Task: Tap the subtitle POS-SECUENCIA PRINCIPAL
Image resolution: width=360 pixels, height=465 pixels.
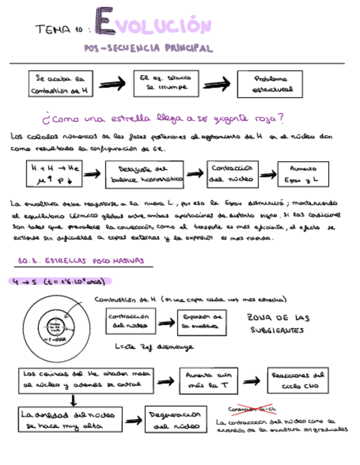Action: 148,48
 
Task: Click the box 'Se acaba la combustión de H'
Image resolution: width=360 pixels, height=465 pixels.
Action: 60,84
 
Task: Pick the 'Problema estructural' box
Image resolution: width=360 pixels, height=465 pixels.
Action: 269,84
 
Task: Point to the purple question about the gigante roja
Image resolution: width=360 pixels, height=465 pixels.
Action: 162,118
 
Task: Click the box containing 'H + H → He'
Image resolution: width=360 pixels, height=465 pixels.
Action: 53,173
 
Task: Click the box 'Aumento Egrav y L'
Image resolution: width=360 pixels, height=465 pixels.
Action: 299,174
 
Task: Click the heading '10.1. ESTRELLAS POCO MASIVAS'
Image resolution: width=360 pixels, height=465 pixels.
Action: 80,262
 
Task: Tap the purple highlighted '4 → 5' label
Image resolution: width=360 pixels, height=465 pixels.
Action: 60,281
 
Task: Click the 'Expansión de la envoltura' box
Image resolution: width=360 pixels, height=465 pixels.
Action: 201,321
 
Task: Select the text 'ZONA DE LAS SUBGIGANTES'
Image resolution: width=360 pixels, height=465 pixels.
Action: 279,324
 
